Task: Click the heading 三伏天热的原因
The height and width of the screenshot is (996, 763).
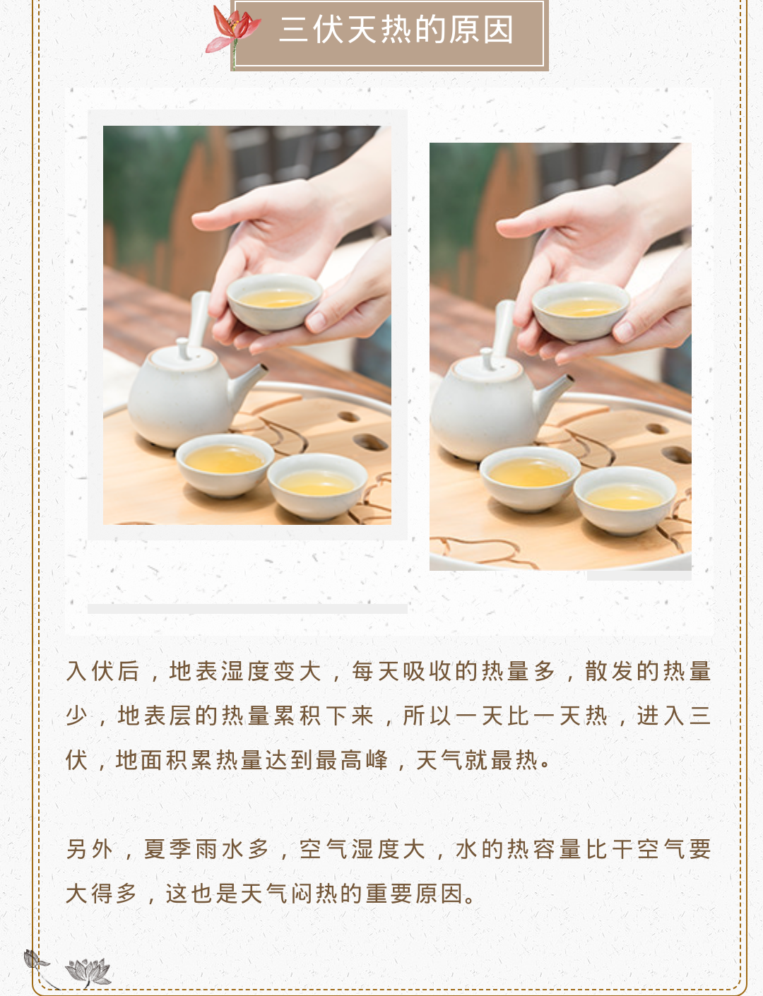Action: pos(396,30)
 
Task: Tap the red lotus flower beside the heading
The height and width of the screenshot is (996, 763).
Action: pos(233,28)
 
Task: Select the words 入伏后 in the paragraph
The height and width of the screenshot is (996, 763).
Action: pos(102,672)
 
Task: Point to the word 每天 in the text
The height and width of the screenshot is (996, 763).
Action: pos(377,672)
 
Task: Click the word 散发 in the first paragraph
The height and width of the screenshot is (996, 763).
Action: pos(611,672)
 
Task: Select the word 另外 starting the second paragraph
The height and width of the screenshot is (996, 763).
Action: pos(89,849)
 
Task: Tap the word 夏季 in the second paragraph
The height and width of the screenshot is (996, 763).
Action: pos(167,849)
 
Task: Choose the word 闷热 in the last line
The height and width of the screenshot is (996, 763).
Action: pos(314,894)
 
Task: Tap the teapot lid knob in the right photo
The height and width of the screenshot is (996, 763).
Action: pos(487,358)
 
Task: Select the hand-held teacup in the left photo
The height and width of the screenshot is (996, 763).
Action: pos(274,302)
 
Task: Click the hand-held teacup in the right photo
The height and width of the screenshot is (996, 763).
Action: pos(581,312)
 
